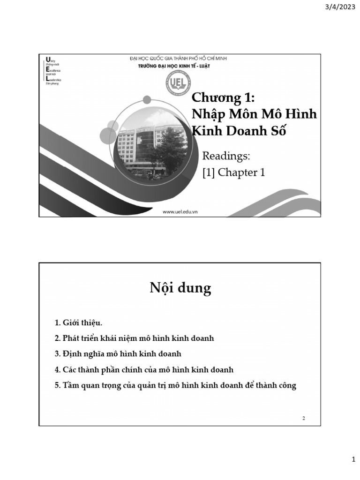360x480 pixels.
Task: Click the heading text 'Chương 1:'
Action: coord(224,99)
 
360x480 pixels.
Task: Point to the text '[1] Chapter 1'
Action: coord(233,172)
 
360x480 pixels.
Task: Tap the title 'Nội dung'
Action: coord(180,288)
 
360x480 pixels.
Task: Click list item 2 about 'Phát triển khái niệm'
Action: coord(134,338)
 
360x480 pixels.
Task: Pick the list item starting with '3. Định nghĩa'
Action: coord(118,353)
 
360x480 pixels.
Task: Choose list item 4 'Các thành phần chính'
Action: coord(144,369)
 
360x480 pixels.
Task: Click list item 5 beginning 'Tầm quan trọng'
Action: coord(175,385)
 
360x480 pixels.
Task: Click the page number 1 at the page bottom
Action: coord(354,461)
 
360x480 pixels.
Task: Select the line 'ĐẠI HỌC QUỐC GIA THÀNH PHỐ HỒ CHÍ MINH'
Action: coord(178,58)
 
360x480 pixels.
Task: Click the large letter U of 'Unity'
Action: coord(46,59)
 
